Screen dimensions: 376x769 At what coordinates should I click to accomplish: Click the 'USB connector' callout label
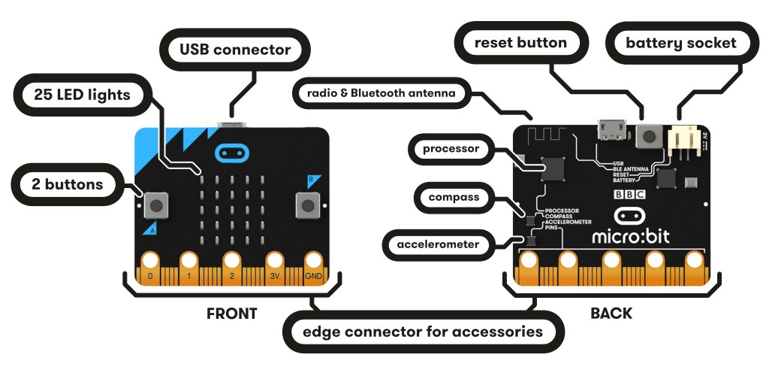234,50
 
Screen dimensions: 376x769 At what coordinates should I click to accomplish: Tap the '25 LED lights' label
82,95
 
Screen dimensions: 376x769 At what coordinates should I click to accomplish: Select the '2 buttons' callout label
68,183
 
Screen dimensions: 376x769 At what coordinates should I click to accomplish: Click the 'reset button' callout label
520,43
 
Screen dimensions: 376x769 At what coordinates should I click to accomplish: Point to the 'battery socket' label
680,43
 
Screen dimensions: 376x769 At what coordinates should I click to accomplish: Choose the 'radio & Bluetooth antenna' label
386,93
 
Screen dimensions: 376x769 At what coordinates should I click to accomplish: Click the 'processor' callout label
451,149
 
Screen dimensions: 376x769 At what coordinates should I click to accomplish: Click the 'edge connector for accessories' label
423,331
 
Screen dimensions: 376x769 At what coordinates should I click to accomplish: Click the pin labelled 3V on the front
274,267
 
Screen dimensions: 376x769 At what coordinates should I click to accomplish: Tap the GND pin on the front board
314,267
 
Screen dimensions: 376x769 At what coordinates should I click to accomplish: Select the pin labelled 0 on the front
150,267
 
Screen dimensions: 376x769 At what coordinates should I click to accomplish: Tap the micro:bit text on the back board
632,236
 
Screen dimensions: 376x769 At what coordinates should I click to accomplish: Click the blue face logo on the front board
231,153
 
